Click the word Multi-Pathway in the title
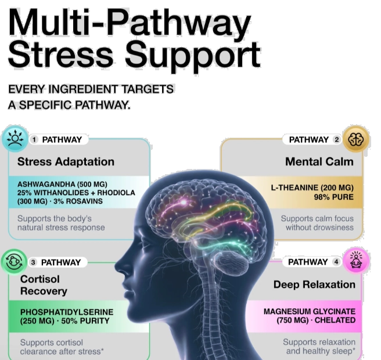130,23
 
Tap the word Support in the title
193,55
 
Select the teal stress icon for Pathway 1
15,139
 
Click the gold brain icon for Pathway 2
356,139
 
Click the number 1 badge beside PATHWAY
34,140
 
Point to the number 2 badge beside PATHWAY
336,140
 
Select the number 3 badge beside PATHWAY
33,262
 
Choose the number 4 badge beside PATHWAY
336,262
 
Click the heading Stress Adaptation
66,162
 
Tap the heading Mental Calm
319,162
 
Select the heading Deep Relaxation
314,285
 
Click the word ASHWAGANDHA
46,184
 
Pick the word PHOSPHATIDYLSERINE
67,312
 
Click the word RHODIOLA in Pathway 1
116,193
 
